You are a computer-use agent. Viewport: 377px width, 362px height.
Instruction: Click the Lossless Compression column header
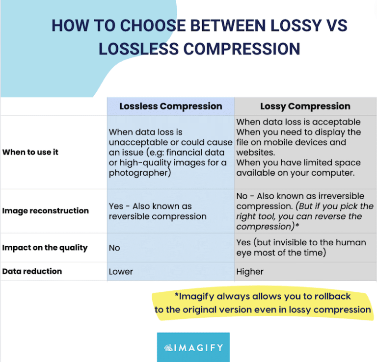click(170, 106)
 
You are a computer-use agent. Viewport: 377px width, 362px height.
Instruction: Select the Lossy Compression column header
click(305, 106)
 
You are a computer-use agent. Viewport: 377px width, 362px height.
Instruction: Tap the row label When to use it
click(30, 152)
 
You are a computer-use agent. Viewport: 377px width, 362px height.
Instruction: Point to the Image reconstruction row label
click(45, 211)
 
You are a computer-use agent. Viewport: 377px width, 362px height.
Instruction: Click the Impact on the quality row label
click(45, 248)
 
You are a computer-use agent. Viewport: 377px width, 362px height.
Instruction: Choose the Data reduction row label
click(32, 271)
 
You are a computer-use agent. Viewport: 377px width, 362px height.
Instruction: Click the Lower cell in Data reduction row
click(121, 272)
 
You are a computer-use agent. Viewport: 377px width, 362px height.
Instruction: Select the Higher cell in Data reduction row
click(250, 272)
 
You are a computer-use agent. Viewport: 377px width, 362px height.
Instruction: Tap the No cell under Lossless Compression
click(114, 248)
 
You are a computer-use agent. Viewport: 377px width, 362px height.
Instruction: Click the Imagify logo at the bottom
click(193, 347)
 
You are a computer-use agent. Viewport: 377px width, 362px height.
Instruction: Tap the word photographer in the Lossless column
click(139, 173)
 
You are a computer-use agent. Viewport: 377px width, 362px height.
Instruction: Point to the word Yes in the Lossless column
click(116, 206)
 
